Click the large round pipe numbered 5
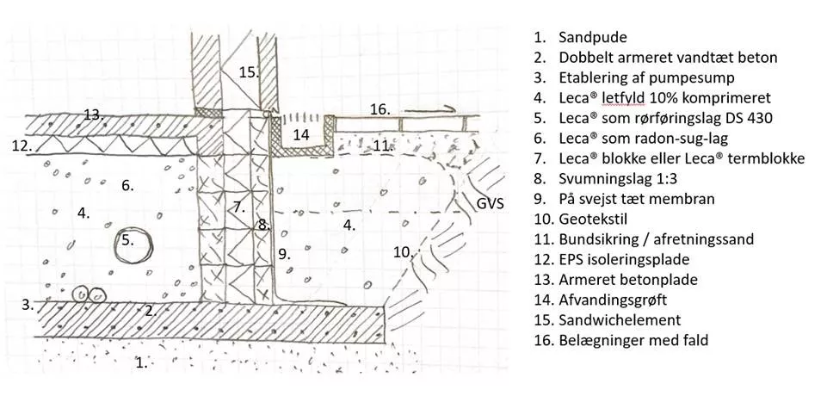coord(133,245)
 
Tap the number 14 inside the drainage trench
coord(300,134)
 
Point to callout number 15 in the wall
coord(248,73)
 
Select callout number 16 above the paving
coord(380,109)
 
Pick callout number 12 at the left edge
coord(22,145)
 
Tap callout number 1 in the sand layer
coord(141,362)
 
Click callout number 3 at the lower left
coord(28,303)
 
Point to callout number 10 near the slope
coord(402,252)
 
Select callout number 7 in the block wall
coord(238,207)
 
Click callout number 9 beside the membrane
coord(285,254)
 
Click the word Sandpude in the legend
coord(593,38)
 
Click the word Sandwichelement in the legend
coord(619,320)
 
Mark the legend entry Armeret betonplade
coord(626,280)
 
